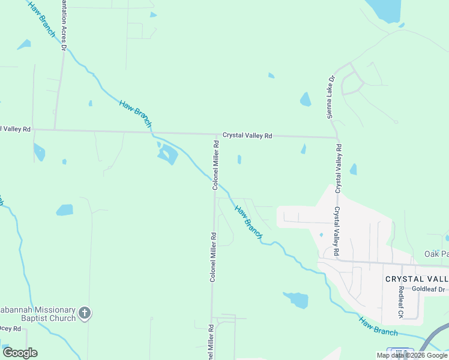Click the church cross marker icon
[85, 313]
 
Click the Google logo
[20, 353]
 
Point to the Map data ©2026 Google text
[412, 355]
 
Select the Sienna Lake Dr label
[330, 97]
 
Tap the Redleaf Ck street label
[401, 302]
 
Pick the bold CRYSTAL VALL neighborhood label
[417, 279]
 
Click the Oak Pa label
[436, 254]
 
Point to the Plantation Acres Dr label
[64, 22]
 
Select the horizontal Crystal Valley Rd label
[247, 136]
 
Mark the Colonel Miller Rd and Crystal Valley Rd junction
[215, 134]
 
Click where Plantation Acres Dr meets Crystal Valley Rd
[55, 129]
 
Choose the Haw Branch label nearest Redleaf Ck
[378, 326]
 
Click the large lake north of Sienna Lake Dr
[385, 9]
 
